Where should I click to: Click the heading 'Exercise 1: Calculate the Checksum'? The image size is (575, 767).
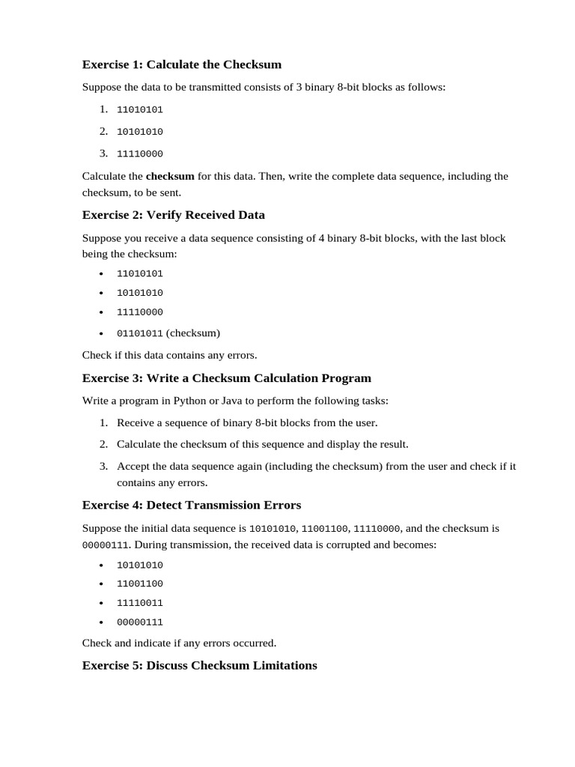click(x=181, y=64)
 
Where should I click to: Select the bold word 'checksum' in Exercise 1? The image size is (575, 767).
click(x=170, y=176)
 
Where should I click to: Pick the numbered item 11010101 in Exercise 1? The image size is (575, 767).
click(x=139, y=109)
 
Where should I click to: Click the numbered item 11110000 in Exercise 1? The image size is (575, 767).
click(x=139, y=154)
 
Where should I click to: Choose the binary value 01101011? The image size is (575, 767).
click(x=139, y=333)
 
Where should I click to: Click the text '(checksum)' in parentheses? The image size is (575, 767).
click(x=193, y=333)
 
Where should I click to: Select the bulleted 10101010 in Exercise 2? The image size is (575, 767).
click(x=139, y=293)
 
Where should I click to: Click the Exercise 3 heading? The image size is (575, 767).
click(x=226, y=378)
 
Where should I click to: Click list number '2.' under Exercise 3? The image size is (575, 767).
click(x=104, y=444)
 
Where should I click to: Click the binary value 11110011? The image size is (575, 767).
click(x=139, y=603)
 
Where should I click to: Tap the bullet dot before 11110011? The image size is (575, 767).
click(x=101, y=603)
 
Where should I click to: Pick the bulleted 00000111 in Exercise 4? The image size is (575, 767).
click(x=139, y=622)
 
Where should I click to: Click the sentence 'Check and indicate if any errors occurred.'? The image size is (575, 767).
click(x=179, y=643)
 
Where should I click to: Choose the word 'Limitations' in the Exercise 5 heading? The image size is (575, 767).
click(x=284, y=665)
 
